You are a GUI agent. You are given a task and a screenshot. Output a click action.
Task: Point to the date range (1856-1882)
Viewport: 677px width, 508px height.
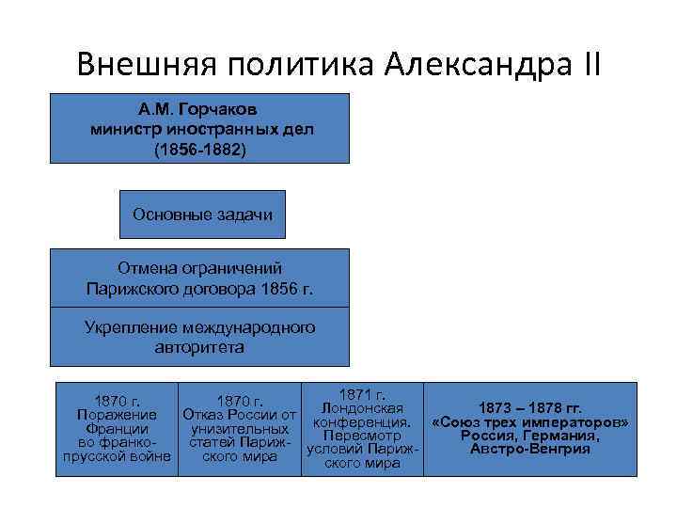coord(199,149)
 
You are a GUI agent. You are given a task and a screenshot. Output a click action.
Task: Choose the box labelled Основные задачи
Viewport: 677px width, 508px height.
coord(202,214)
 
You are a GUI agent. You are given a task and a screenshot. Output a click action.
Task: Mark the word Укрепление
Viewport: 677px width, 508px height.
coord(131,327)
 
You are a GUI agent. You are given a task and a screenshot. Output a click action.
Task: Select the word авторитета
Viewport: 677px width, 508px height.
coord(199,347)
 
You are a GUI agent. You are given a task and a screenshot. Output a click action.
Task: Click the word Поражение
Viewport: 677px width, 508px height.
coord(112,415)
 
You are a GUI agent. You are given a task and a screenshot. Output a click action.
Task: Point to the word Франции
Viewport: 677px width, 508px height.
coord(112,429)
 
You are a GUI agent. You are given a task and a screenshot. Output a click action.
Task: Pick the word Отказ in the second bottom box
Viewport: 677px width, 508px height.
coord(205,415)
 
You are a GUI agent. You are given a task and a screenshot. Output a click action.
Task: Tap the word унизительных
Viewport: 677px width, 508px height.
coord(239,429)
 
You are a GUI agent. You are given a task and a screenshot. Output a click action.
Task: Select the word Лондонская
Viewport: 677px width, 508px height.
coord(362,408)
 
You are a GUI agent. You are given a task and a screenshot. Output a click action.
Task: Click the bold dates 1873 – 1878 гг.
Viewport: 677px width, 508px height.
coord(530,408)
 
